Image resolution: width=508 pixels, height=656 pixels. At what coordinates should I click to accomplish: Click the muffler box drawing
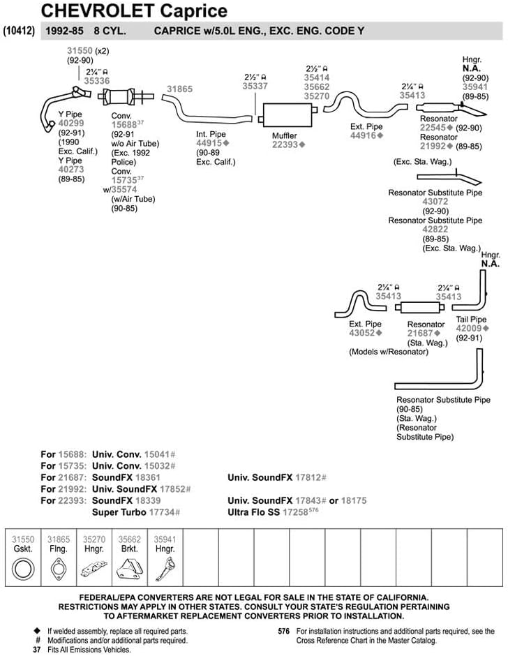point(287,114)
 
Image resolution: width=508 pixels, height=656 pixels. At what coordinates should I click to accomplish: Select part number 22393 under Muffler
point(285,144)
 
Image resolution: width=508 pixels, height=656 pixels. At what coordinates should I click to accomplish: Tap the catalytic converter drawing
point(126,96)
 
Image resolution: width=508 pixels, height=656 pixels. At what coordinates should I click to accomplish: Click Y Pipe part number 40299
point(71,123)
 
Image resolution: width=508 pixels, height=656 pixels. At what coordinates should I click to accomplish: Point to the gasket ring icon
point(23,569)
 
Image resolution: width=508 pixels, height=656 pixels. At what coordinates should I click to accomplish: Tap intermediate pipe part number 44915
point(209,143)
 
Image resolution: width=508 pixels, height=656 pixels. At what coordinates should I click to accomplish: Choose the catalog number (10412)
point(19,31)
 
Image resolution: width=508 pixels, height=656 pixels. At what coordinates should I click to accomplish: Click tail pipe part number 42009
point(469,329)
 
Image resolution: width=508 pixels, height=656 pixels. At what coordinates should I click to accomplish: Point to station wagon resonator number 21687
point(420,334)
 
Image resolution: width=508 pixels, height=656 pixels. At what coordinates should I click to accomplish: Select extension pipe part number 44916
point(364,135)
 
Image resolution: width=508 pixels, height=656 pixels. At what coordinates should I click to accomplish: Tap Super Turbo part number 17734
point(162,512)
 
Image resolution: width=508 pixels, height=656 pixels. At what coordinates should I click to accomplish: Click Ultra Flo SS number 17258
point(295,512)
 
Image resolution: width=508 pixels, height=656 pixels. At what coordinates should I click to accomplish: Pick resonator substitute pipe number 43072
point(435,202)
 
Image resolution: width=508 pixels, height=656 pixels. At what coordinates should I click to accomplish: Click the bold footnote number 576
point(284,631)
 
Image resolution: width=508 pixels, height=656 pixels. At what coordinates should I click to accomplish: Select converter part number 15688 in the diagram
point(124,125)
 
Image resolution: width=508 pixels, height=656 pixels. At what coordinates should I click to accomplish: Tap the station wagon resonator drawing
point(419,308)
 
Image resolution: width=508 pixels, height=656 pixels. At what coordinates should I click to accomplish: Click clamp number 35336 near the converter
point(97,81)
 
